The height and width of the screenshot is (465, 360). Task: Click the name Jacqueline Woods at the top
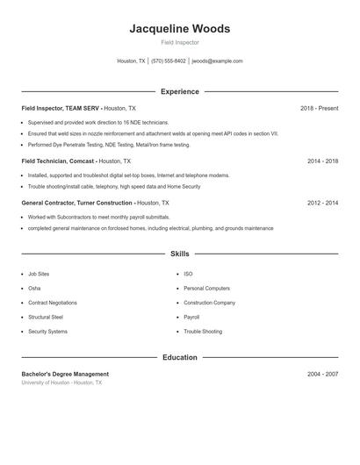point(179,29)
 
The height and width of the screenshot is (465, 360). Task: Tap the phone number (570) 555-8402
point(169,61)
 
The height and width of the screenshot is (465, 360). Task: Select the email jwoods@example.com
point(217,61)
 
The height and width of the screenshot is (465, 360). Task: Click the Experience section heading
point(179,91)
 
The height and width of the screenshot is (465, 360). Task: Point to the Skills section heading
point(179,254)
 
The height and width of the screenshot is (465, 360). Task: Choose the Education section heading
point(179,358)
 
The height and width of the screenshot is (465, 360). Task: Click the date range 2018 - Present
point(319,109)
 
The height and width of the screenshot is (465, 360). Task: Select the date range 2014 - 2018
point(322,161)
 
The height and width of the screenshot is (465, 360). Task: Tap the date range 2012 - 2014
point(322,203)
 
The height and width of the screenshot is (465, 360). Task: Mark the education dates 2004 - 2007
point(322,374)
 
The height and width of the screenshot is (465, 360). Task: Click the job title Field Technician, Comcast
point(58,161)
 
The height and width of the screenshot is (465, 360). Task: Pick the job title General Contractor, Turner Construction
point(77,203)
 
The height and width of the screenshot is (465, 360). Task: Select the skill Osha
point(34,288)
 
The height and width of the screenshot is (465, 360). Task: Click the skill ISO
point(188,274)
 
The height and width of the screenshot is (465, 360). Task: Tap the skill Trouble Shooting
point(203,332)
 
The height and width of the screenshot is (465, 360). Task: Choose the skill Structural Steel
point(46,317)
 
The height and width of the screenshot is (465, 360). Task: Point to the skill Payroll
point(191,317)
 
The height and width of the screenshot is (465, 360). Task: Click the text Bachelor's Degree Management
point(65,374)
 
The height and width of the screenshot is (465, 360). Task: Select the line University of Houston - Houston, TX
point(61,383)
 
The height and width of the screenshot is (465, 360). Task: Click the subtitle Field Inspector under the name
point(179,42)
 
